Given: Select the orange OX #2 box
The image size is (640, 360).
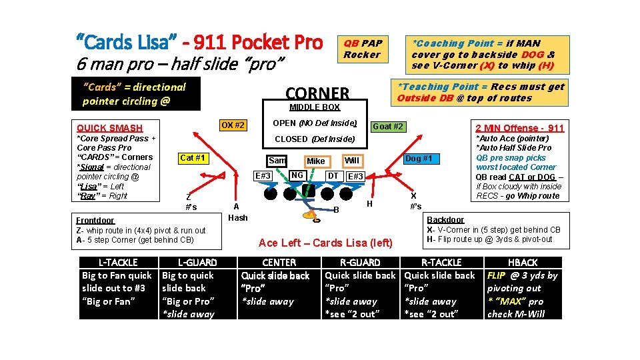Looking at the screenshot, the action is tap(233, 125).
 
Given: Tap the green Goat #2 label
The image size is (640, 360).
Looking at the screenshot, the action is tap(388, 127).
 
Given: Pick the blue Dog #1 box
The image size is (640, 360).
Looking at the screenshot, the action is tap(419, 158).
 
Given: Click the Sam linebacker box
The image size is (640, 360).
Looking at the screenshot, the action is tap(277, 161).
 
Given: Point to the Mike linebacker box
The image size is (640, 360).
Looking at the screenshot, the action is tap(316, 161).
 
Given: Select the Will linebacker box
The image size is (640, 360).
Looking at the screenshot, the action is tap(351, 161).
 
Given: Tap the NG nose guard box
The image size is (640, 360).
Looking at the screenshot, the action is tap(297, 175).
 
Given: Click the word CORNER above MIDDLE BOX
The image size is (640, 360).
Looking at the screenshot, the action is tap(317, 93).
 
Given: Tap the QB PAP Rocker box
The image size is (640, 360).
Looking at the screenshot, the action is tap(362, 49).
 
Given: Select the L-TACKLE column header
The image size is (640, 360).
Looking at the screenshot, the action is tap(118, 263).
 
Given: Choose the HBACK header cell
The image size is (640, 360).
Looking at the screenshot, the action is tap(523, 263).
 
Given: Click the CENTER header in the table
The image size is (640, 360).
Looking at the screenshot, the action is tap(279, 263).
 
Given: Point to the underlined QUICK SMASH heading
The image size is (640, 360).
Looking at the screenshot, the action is tap(110, 128).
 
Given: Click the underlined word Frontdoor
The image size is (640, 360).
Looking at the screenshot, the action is tap(95, 220).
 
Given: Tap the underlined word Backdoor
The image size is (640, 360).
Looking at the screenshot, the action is tap(445, 219).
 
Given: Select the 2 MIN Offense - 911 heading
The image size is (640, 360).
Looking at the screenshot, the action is tap(519, 128).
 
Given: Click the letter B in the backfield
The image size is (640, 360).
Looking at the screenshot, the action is tap(336, 210).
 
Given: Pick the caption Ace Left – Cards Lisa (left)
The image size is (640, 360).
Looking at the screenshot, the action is tap(325, 243).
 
